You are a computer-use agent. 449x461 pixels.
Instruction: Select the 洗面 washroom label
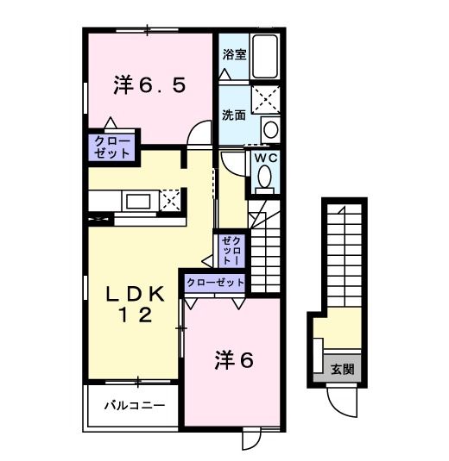(x=233, y=114)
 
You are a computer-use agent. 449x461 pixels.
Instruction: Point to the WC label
(x=264, y=159)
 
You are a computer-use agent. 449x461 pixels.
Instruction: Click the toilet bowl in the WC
(x=264, y=179)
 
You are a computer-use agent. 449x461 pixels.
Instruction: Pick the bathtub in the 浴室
(x=265, y=57)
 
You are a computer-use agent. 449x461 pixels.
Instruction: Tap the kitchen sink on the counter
(x=138, y=202)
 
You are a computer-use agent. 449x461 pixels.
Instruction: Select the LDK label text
(x=136, y=293)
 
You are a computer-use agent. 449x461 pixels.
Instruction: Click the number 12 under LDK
(x=136, y=315)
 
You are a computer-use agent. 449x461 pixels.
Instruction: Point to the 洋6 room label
(x=233, y=361)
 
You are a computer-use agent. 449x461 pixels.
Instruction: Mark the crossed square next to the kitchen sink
(x=170, y=200)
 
